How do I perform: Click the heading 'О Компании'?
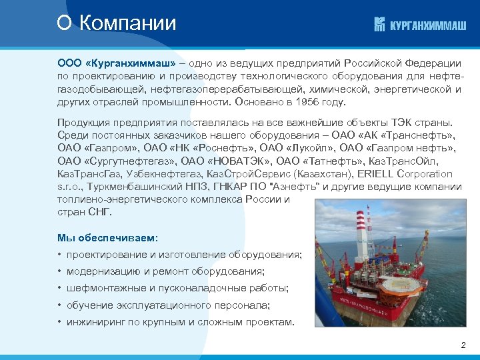pos(117,24)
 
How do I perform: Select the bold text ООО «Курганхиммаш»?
pos(116,63)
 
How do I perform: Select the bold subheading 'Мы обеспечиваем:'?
pos(108,237)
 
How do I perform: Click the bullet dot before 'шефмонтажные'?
pos(60,289)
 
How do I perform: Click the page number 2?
pos(463,345)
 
